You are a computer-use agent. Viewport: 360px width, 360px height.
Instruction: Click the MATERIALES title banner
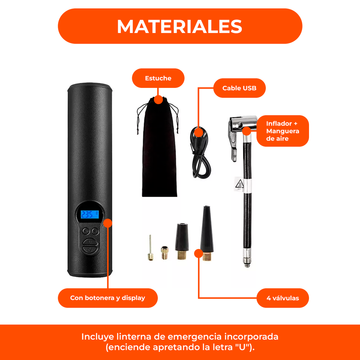[180, 26]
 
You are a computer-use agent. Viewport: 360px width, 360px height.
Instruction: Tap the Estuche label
[158, 78]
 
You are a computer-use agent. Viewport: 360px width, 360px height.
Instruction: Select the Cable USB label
[239, 88]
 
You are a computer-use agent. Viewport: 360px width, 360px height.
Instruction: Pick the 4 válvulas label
[283, 298]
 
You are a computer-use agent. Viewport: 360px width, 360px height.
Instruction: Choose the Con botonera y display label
[108, 298]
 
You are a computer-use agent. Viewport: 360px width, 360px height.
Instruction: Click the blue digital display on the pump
[90, 214]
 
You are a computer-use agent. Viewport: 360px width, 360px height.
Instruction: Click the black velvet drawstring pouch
[159, 151]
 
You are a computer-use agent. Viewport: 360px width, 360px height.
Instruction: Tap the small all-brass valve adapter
[165, 252]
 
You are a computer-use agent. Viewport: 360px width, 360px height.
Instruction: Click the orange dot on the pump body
[108, 223]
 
